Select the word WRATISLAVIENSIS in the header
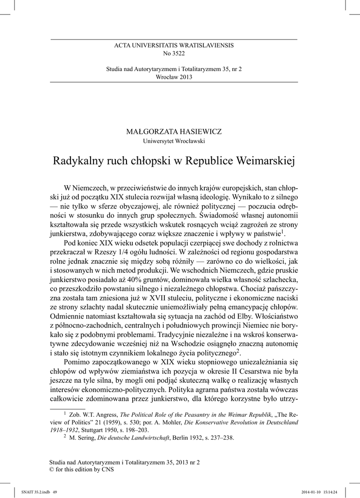pos(204,45)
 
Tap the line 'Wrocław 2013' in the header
pos(174,77)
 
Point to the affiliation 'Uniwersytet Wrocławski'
pos(174,141)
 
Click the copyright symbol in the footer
pos(53,469)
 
